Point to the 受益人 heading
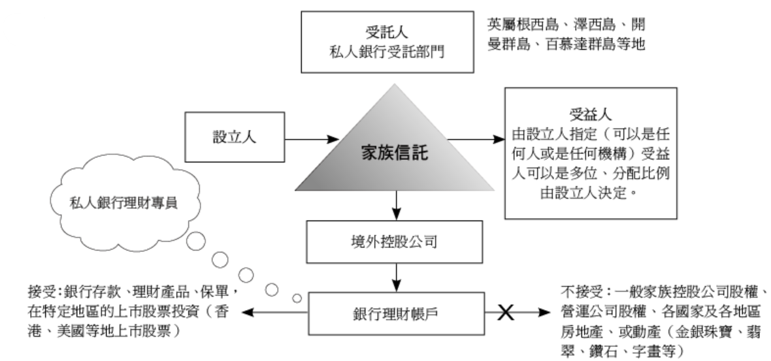pos(590,112)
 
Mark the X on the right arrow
pos(504,313)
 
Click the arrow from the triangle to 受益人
pos(474,138)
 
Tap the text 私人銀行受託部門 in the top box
pos(388,50)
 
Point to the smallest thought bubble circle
pos(297,298)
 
